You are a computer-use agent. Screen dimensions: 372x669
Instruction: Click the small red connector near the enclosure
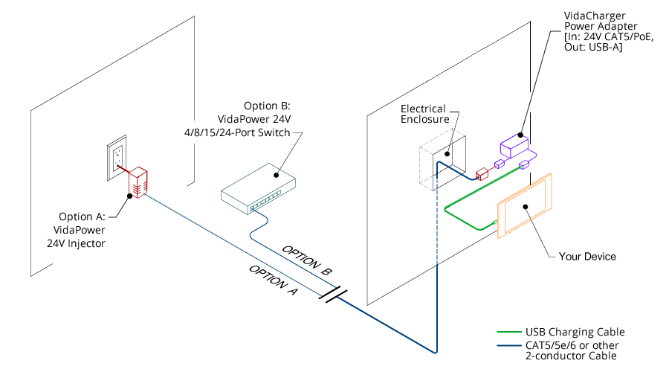480,173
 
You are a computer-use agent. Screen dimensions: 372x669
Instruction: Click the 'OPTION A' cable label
273,280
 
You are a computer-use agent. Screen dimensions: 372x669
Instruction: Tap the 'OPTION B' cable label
307,258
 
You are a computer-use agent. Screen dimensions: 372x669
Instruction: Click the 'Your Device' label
587,257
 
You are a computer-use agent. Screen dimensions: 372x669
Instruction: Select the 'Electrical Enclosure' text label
423,114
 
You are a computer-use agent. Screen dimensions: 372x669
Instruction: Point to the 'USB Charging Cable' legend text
575,332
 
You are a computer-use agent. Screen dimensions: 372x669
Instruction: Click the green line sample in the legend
508,332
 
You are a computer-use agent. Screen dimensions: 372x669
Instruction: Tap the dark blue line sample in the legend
508,346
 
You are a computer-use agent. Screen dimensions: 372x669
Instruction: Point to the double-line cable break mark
332,294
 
